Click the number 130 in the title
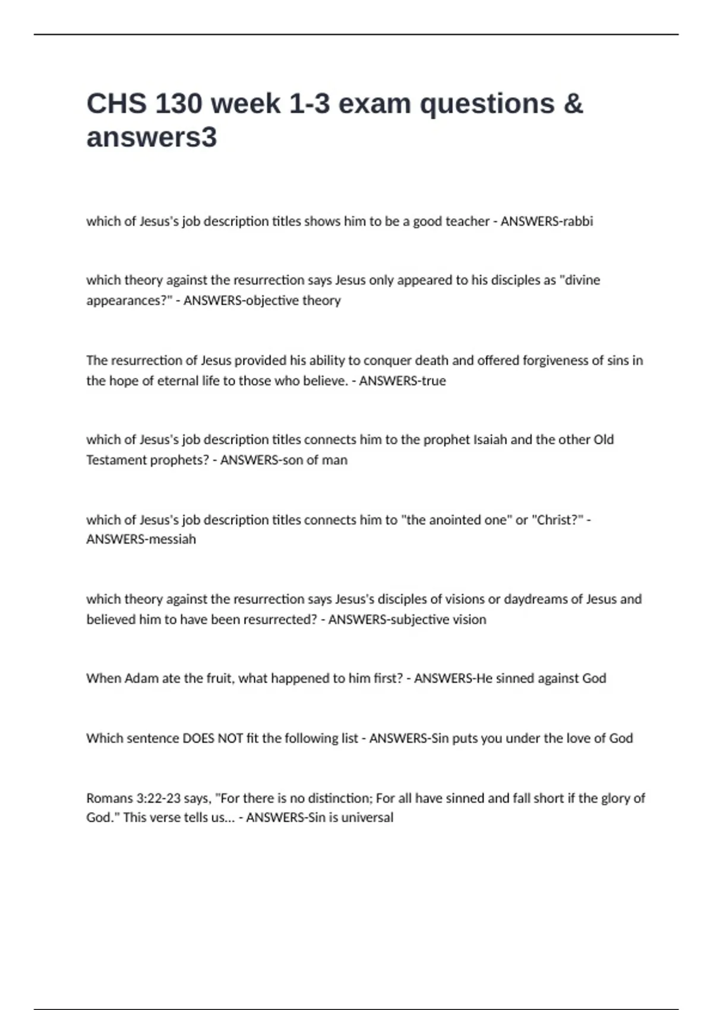pyautogui.click(x=178, y=104)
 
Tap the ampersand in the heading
pyautogui.click(x=573, y=104)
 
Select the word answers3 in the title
pyautogui.click(x=152, y=137)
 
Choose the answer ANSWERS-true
pyautogui.click(x=402, y=381)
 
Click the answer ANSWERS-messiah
pyautogui.click(x=141, y=539)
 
